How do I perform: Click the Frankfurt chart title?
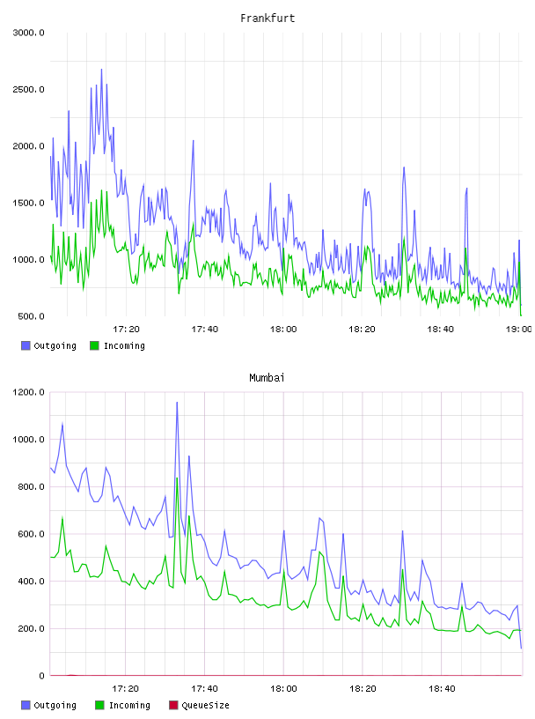[x=267, y=19]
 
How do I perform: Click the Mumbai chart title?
[x=267, y=378]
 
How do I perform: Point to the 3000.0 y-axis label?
[x=28, y=33]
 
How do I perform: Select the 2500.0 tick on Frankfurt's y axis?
[x=28, y=89]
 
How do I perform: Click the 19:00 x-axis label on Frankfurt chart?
[x=519, y=330]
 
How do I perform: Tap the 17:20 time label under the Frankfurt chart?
[x=126, y=330]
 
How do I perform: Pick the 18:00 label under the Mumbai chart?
[x=283, y=689]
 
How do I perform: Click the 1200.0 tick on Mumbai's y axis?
[x=28, y=392]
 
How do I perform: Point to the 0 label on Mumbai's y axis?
[x=41, y=676]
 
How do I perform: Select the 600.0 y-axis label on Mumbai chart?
[x=31, y=534]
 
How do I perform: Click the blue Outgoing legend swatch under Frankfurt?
[x=26, y=345]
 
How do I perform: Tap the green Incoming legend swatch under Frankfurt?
[x=94, y=345]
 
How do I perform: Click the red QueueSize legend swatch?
[x=173, y=705]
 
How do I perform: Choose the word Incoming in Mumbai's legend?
[x=129, y=705]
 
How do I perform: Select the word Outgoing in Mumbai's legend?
[x=55, y=705]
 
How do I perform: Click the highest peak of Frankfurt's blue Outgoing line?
[x=102, y=70]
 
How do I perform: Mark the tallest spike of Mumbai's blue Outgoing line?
[x=177, y=402]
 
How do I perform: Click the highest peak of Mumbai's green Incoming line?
[x=177, y=478]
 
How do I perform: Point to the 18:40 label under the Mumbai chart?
[x=442, y=689]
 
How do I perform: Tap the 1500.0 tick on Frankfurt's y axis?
[x=28, y=204]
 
